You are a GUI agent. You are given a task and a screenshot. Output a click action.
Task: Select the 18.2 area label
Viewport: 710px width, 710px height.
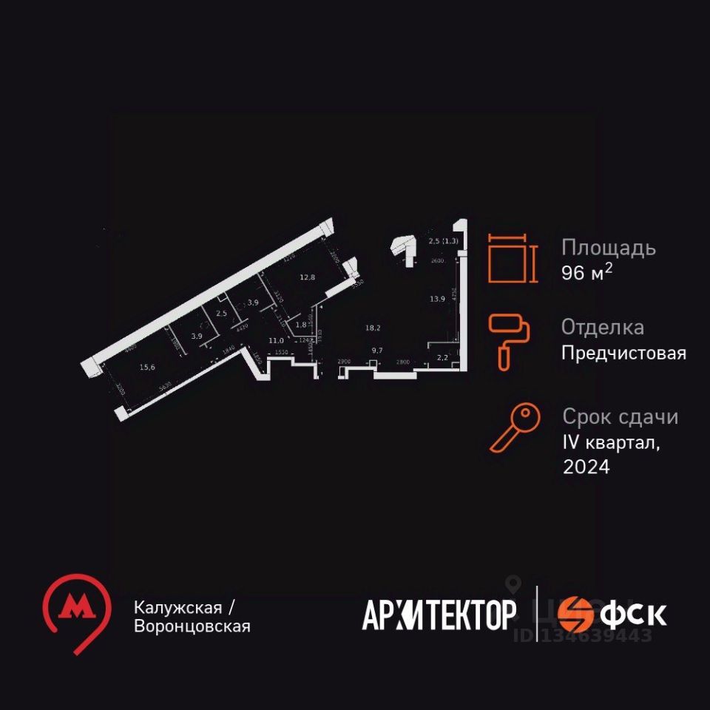(373, 327)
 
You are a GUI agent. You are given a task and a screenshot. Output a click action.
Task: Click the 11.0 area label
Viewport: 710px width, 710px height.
(277, 340)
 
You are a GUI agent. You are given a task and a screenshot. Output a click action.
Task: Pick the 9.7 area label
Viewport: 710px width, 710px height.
(378, 350)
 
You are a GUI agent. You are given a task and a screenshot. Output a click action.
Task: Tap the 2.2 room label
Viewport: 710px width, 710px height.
(442, 358)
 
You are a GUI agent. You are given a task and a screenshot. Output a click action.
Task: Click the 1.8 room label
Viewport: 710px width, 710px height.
(301, 324)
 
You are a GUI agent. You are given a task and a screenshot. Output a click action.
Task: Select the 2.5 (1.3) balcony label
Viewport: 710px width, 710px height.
(443, 240)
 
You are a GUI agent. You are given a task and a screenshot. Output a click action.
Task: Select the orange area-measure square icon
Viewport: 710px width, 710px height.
(510, 259)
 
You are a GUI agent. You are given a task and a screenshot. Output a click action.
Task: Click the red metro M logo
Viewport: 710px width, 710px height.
(75, 609)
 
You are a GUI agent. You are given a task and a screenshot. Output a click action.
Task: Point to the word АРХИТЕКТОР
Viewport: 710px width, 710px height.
(439, 615)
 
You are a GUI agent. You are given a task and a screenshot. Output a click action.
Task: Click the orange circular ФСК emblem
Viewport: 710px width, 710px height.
(575, 614)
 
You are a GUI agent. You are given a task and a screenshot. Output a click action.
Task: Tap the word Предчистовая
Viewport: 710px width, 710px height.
(623, 354)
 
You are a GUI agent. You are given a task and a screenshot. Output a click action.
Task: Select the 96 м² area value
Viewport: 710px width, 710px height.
(587, 273)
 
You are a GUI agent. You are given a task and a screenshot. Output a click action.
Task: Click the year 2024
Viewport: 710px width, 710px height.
(586, 467)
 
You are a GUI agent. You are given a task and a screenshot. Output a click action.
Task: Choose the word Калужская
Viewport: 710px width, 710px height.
(178, 607)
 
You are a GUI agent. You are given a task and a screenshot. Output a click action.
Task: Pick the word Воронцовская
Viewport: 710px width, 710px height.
(192, 626)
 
